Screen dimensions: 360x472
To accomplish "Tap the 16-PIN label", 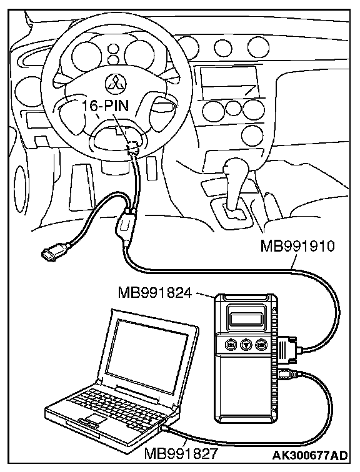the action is point(106,106).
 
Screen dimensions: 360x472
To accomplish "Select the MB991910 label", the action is point(297,247).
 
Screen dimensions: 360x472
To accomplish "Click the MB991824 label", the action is point(155,292).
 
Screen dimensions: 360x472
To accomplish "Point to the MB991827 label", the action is point(181,454).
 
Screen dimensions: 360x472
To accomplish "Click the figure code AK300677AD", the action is point(310,455).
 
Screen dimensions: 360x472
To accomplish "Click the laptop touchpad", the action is point(96,419).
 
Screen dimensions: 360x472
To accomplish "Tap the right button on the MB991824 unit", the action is point(261,345).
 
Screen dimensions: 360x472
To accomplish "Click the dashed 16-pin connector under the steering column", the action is point(133,145).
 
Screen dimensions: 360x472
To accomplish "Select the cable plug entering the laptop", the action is point(165,428).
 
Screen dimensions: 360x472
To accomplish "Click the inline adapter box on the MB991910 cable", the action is point(125,224).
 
